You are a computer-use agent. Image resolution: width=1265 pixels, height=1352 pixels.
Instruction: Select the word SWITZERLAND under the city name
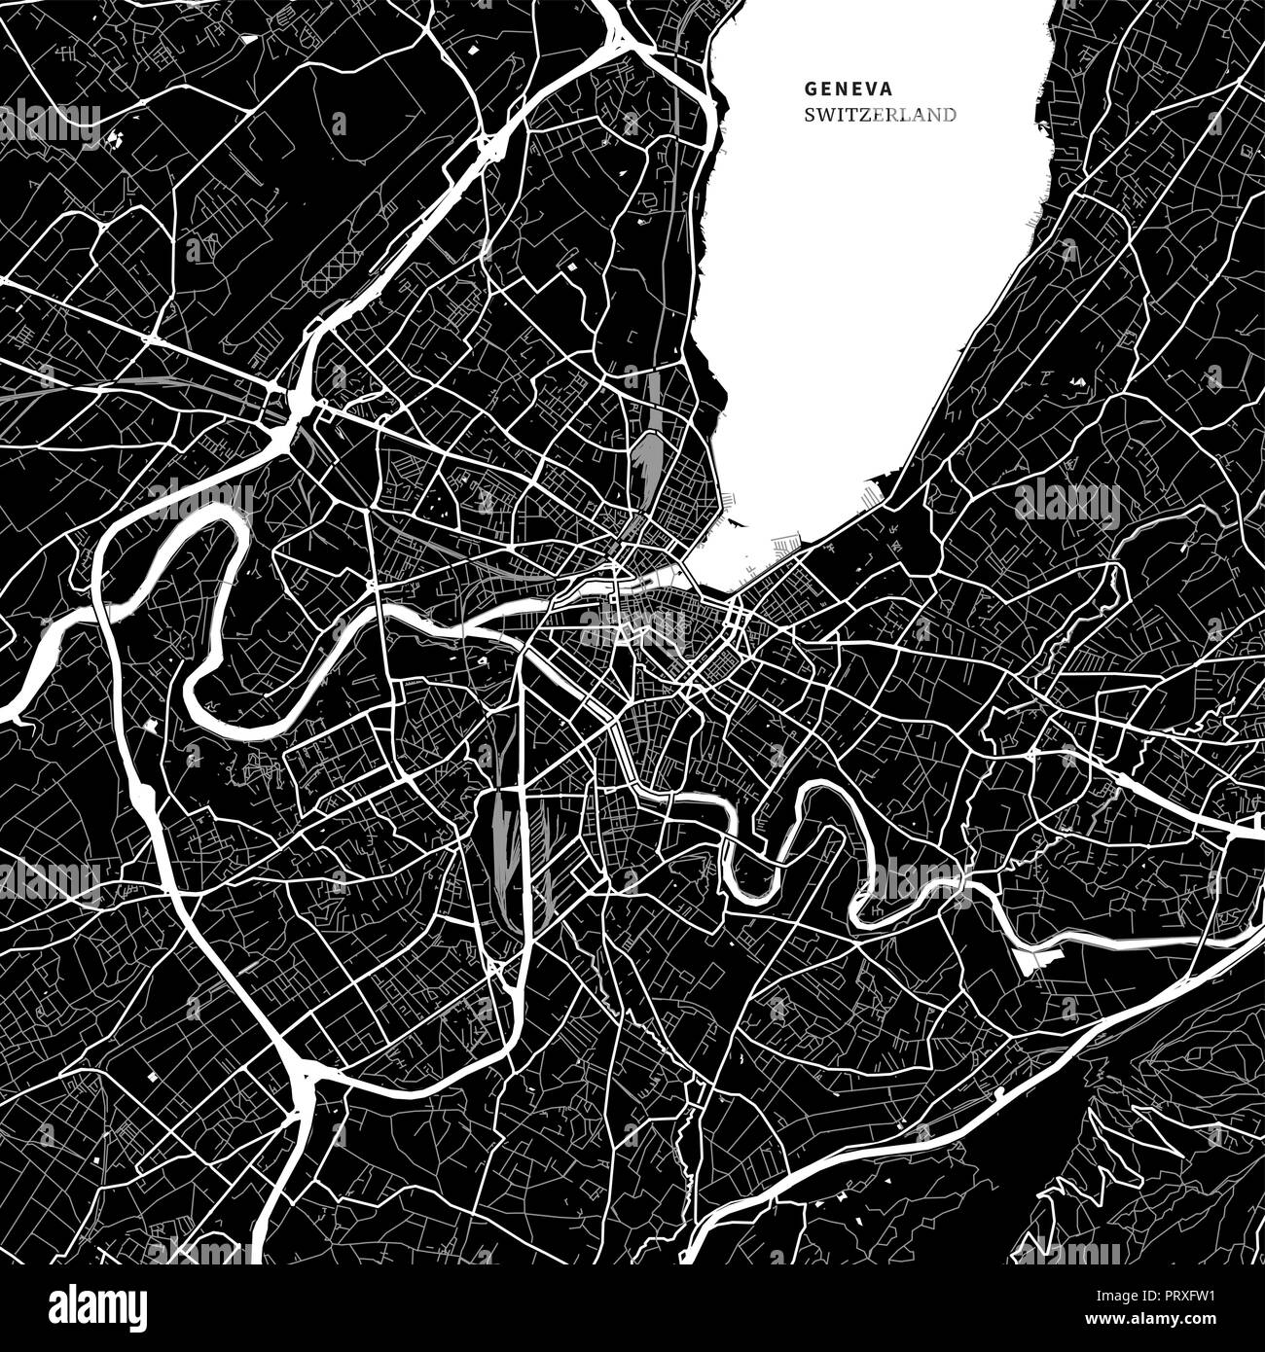point(880,115)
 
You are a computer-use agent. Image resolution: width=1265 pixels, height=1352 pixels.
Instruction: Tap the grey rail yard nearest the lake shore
point(647,457)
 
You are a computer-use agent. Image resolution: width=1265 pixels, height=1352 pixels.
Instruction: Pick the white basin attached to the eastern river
point(1031,959)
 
